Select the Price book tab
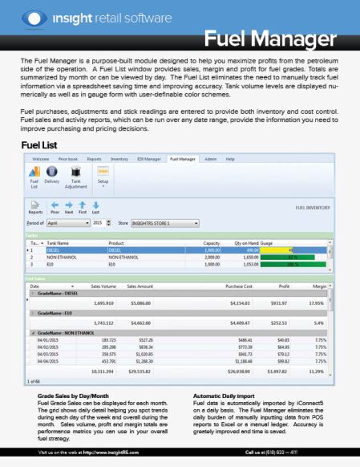68,160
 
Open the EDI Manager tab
149,160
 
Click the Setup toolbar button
102,177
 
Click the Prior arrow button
55,208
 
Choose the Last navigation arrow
95,208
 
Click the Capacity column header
212,242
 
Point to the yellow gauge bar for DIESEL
277,249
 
